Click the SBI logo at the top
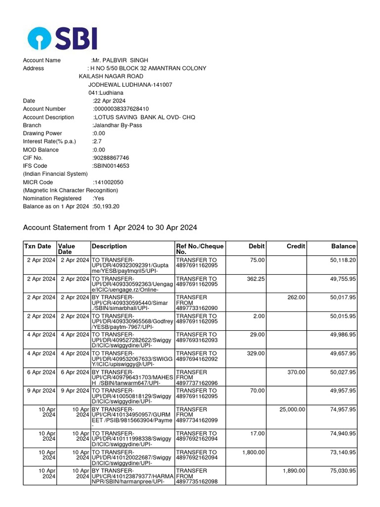(x=62, y=38)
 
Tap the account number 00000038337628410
(x=121, y=109)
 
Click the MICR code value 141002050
(x=108, y=182)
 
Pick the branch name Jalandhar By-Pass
(x=117, y=125)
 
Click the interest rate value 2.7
(x=97, y=142)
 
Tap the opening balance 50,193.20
(x=106, y=206)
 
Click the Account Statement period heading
(x=110, y=228)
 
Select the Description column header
(x=109, y=246)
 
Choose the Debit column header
(x=256, y=246)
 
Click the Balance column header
(x=343, y=246)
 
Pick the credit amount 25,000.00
(x=292, y=409)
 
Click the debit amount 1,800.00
(x=253, y=452)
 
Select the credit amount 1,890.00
(x=294, y=471)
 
